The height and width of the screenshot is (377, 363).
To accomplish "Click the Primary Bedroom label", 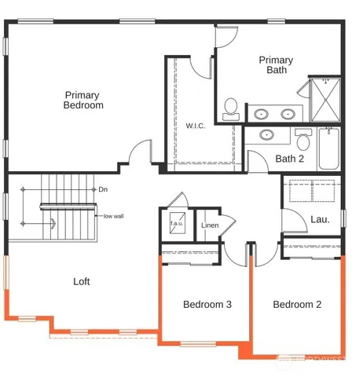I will [x=83, y=100].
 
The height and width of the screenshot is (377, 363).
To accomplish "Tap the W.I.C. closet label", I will [x=195, y=126].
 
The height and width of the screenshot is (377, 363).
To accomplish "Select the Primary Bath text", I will [x=276, y=65].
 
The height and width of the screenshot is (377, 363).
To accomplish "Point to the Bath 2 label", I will [x=290, y=159].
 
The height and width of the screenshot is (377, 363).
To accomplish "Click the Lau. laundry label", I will [x=320, y=219].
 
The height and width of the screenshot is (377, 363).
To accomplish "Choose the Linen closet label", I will [x=210, y=225].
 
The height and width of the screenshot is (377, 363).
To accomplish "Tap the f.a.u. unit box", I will [x=177, y=224].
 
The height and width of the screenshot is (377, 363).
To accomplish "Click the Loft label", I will [x=82, y=281].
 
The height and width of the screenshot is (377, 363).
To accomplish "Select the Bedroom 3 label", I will [x=207, y=305].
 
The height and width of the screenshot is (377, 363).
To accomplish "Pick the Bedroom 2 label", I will [x=297, y=305].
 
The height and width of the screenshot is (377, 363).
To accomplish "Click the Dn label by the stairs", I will [x=103, y=189].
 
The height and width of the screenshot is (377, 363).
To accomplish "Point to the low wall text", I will [x=112, y=215].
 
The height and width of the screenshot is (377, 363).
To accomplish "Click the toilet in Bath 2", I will [x=303, y=140].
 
